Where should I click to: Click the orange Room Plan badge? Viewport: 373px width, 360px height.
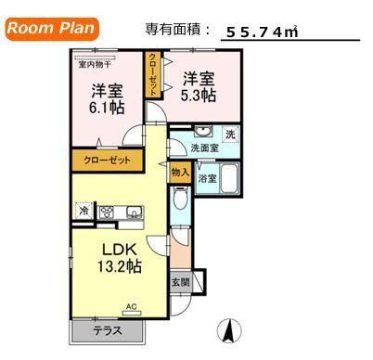point(52,28)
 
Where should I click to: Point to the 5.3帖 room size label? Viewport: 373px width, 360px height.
point(199,96)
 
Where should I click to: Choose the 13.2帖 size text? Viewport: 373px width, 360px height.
point(119,266)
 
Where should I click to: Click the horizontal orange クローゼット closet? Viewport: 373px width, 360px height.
point(108,161)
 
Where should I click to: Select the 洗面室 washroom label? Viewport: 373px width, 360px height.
point(203,148)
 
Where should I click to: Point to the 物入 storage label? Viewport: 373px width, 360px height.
point(180,173)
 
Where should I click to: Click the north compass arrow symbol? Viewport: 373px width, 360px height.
point(225,328)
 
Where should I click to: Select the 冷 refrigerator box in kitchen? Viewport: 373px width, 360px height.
point(84,211)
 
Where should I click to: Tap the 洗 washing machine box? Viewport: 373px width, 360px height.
point(230,134)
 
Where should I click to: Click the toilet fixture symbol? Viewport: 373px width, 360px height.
point(180,198)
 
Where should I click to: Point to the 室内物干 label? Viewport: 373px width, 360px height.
point(95,64)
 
